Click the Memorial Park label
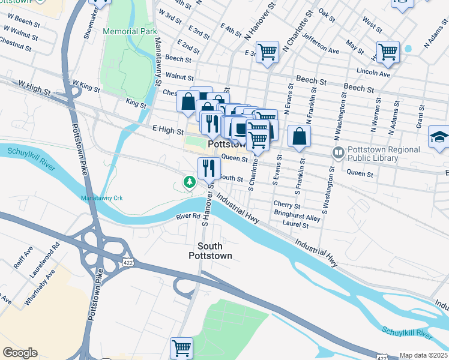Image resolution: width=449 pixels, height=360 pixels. pyautogui.click(x=130, y=31)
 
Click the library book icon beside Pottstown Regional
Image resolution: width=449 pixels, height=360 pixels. pyautogui.click(x=338, y=154)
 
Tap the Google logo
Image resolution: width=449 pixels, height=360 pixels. pyautogui.click(x=20, y=353)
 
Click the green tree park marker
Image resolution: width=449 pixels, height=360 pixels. pyautogui.click(x=190, y=181)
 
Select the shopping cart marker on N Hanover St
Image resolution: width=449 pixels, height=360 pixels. pyautogui.click(x=267, y=51)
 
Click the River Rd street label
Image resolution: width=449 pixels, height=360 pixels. pyautogui.click(x=187, y=216)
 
